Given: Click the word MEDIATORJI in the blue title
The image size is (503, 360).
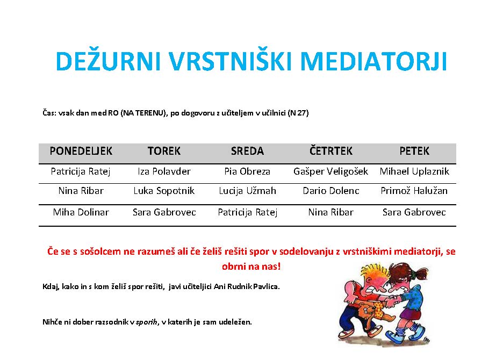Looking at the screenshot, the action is click(373, 61).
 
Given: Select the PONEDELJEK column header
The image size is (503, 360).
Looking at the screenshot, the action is click(81, 151).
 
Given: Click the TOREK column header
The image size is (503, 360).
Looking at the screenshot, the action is click(164, 151).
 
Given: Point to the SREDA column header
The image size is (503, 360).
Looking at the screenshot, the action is click(247, 151).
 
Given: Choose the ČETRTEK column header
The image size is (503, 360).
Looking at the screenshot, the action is click(330, 151).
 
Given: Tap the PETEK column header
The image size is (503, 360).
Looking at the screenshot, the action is click(414, 151).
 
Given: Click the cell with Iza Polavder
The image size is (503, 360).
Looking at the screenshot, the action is click(164, 171).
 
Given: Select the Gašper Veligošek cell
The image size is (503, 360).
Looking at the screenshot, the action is click(330, 171).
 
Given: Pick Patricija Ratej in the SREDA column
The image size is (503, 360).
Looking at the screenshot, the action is click(247, 212).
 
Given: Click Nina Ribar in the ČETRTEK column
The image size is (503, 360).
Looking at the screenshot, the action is click(330, 212).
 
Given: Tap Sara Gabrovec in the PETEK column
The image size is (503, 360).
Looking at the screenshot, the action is click(414, 212).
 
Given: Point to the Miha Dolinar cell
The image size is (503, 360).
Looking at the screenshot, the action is click(81, 212).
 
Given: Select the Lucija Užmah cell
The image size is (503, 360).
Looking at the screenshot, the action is click(247, 191).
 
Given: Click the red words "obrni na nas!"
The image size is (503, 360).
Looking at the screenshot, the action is click(251, 267).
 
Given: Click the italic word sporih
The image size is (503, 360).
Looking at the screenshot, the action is click(147, 322).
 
